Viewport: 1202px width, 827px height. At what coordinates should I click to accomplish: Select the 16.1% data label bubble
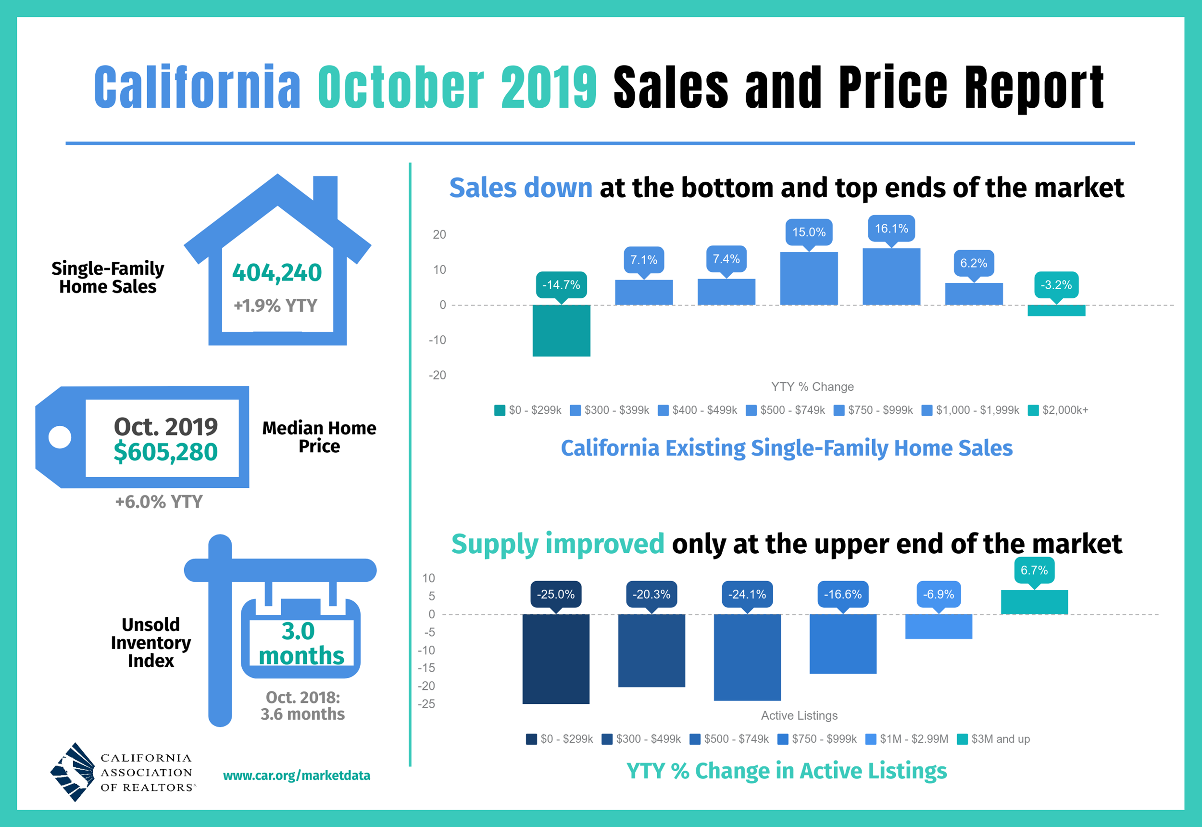point(891,229)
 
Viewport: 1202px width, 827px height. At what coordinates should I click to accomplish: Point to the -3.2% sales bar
point(1056,310)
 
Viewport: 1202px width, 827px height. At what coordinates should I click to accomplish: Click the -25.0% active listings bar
point(556,659)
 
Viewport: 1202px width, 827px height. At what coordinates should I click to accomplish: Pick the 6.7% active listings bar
point(1034,602)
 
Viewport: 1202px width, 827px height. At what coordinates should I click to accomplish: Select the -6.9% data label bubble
point(939,594)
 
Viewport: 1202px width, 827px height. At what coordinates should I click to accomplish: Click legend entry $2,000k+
point(1059,410)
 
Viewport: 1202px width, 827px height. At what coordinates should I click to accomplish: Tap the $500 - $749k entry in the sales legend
point(786,410)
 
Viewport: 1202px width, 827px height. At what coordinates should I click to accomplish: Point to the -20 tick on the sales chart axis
point(437,375)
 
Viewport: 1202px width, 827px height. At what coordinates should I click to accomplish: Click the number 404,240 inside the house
point(277,273)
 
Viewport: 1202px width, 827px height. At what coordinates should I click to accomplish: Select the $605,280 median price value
point(166,452)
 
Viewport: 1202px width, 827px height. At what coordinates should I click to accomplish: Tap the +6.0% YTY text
point(159,502)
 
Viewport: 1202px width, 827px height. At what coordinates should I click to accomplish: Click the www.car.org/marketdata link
point(297,775)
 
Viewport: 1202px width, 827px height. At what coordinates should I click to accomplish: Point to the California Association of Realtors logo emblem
point(73,772)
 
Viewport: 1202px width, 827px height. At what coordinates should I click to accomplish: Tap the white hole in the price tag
point(60,437)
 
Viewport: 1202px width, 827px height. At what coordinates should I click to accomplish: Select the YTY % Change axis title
point(812,386)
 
